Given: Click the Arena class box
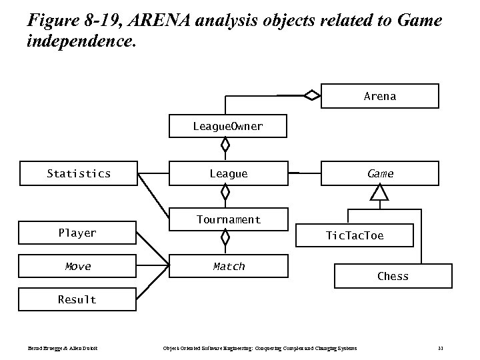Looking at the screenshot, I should [380, 96].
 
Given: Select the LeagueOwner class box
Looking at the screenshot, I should [228, 126].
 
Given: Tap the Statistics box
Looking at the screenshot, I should [79, 173].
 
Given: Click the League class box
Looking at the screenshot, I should [228, 173].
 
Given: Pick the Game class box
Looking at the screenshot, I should [380, 173].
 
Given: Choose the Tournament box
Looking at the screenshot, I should [228, 219].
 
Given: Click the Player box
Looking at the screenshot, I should [77, 233].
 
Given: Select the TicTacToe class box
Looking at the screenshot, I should [354, 235].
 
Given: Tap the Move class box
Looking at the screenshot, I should [77, 266].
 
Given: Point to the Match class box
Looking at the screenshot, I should [228, 266].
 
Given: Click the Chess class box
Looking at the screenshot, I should [393, 276].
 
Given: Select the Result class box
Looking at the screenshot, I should [77, 299].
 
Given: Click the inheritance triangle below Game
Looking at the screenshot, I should [379, 193].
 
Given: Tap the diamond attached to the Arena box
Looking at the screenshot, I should [311, 95].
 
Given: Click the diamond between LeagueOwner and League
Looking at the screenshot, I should [226, 144].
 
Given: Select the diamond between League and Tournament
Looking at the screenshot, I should [226, 193].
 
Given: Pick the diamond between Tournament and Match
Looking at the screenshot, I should [226, 237].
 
